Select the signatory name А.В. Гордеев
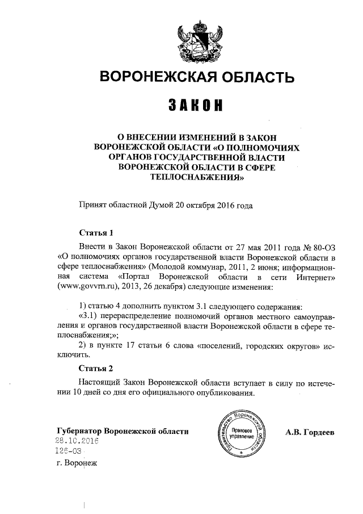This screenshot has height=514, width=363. (x=310, y=432)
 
